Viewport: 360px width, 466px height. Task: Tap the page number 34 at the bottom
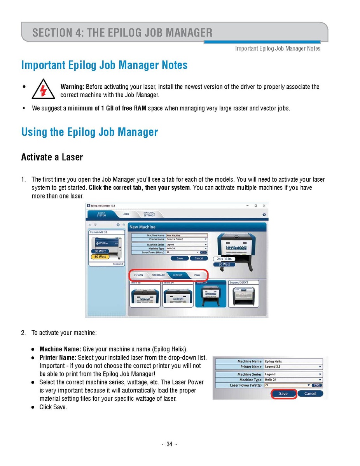[169, 445]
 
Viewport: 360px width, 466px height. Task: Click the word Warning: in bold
[72, 87]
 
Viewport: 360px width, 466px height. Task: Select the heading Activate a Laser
[52, 157]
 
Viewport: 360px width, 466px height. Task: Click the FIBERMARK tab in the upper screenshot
[158, 275]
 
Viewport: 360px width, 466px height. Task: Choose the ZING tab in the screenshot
[197, 275]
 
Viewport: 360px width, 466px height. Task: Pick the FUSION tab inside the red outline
[139, 275]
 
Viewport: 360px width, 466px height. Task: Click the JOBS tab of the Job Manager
[126, 214]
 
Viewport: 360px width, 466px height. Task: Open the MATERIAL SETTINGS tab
[149, 214]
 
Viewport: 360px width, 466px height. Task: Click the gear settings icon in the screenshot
[264, 215]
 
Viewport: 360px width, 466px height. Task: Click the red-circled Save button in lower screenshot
[283, 394]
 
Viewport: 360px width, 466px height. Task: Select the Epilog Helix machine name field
[292, 361]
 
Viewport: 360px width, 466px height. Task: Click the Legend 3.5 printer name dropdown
[292, 367]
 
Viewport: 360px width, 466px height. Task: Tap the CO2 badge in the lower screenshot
[317, 385]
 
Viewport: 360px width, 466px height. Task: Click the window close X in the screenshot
[264, 205]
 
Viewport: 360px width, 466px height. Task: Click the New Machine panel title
[142, 227]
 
